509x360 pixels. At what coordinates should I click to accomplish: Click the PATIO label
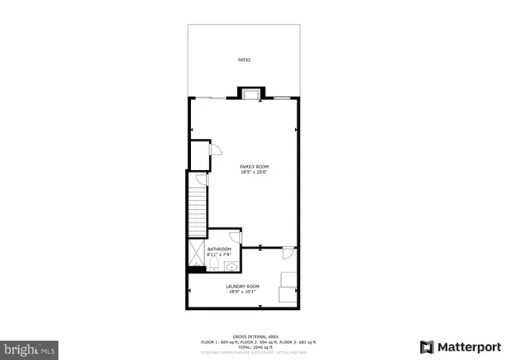(x=244, y=60)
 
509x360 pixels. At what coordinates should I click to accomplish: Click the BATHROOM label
(x=219, y=249)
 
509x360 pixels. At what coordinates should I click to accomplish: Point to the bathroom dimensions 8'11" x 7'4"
(x=219, y=254)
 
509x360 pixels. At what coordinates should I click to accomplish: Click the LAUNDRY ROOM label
(x=243, y=286)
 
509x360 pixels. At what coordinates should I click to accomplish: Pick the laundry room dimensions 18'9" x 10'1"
(x=243, y=292)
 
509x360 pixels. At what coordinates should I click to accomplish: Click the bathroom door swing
(x=235, y=237)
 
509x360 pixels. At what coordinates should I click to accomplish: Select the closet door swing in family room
(x=214, y=149)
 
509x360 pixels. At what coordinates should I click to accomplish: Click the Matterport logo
(x=460, y=346)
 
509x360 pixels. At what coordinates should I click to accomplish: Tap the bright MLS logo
(x=30, y=347)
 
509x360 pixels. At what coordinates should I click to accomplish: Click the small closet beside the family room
(x=199, y=155)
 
